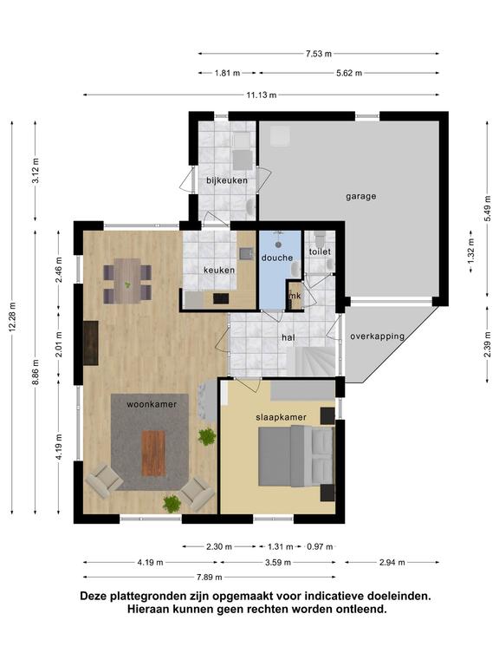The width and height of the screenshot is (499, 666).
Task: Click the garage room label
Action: point(360,196)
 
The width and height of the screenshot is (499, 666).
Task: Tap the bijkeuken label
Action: point(227,180)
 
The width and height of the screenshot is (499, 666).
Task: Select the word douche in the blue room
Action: point(277,258)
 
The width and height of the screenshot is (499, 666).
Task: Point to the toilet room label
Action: point(320,251)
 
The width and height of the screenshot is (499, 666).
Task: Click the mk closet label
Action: point(295,296)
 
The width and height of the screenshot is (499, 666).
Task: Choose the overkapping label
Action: point(377,336)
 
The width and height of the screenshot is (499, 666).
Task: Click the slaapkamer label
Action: point(281,417)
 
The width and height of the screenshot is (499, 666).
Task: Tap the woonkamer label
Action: point(152,404)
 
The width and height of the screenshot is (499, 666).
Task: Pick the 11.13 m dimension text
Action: point(262,95)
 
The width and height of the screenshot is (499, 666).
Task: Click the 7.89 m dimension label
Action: point(209,578)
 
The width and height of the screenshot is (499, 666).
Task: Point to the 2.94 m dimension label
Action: point(392,563)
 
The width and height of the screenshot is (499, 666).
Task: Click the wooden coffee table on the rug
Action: point(153,454)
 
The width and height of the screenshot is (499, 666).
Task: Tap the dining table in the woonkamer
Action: point(127,281)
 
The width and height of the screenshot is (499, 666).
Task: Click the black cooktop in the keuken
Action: point(221,298)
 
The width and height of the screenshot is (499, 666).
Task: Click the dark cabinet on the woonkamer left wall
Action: point(91,343)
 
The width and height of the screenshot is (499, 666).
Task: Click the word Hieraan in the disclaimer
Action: point(146,609)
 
